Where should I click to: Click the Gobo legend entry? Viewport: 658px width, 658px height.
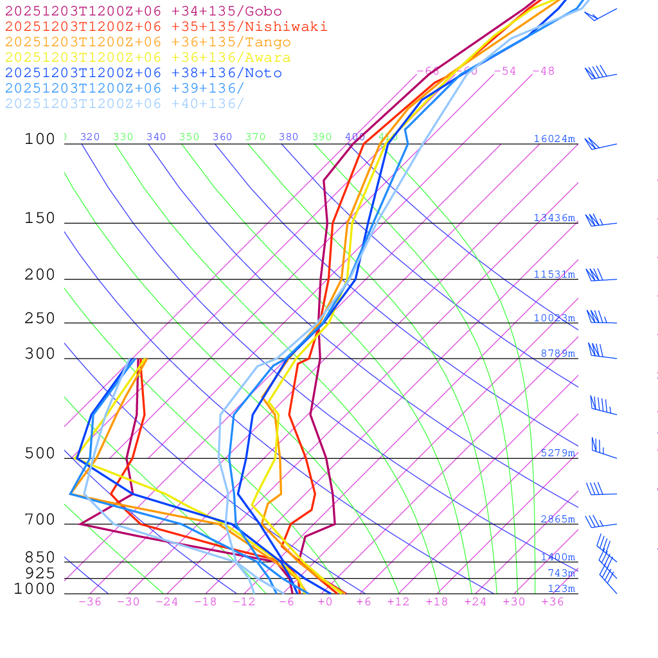(x=143, y=12)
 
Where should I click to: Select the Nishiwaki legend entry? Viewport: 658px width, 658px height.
(x=166, y=27)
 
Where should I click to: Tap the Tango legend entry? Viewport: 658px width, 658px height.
(x=148, y=42)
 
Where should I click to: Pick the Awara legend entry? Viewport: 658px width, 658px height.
(x=148, y=58)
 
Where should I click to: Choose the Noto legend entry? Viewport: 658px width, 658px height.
(x=143, y=73)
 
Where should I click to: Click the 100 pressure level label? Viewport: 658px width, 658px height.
(x=40, y=139)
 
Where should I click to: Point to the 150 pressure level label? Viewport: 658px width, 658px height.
(x=40, y=218)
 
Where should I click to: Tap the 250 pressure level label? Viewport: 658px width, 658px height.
(x=40, y=319)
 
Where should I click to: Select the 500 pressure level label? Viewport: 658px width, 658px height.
(x=40, y=454)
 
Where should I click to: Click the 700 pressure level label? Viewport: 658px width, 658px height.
(x=40, y=520)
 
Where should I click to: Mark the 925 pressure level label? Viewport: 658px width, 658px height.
(x=40, y=573)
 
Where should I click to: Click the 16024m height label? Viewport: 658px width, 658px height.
(x=554, y=139)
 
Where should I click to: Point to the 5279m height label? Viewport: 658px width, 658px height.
(x=558, y=453)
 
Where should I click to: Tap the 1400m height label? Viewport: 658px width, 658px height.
(x=558, y=557)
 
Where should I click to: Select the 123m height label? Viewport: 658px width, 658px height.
(x=561, y=589)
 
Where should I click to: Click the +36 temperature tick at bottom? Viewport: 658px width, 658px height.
(x=553, y=602)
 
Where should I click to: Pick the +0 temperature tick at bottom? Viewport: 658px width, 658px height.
(x=325, y=602)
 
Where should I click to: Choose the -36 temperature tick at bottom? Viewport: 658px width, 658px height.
(x=90, y=602)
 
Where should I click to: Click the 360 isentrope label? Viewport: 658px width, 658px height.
(x=222, y=137)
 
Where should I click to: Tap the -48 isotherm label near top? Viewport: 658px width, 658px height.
(x=543, y=71)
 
